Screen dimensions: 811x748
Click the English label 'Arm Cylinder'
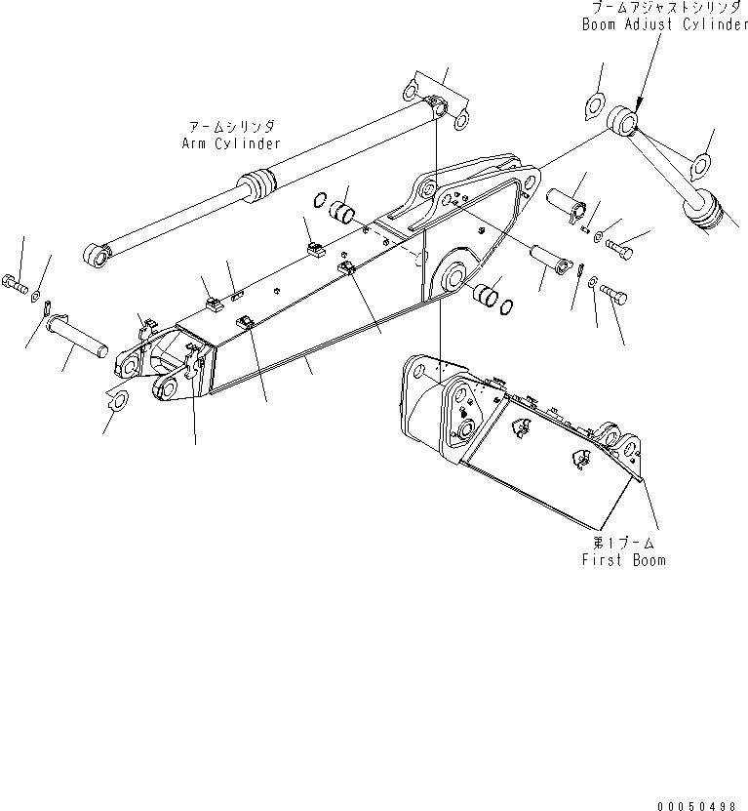tap(230, 143)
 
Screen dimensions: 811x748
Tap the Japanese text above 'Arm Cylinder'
tap(231, 127)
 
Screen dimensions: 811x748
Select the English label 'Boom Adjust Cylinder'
tap(664, 25)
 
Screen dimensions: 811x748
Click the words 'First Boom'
tap(624, 560)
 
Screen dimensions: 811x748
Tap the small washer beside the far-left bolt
tap(36, 296)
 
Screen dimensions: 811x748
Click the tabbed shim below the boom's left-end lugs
tap(116, 398)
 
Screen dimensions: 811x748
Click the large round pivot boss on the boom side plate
tap(452, 276)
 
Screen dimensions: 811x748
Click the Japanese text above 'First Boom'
tap(624, 543)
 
